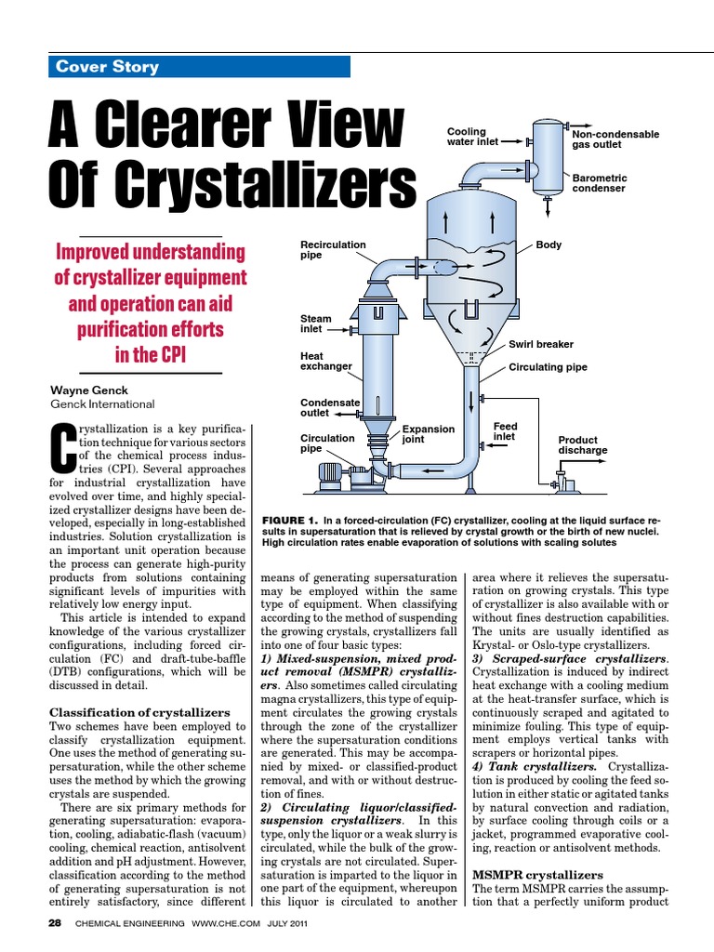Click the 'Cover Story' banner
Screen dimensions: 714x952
tap(199, 66)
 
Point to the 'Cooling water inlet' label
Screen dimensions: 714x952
tap(472, 138)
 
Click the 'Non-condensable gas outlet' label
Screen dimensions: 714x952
tap(615, 139)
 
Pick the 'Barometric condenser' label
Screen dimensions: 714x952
tap(600, 182)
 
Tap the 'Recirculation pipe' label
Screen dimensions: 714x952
tap(333, 249)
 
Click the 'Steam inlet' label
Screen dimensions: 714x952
tap(316, 324)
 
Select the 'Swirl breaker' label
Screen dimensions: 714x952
tap(541, 344)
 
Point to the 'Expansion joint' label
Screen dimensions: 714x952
tap(428, 434)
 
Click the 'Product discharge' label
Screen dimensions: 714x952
tap(582, 444)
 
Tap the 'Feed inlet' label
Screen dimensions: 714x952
tap(505, 431)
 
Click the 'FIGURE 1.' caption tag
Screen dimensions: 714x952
tap(291, 519)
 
